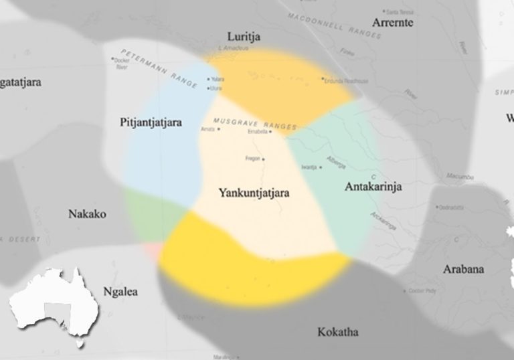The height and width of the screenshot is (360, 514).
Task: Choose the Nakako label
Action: point(87,214)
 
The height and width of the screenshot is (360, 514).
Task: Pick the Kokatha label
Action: point(338,332)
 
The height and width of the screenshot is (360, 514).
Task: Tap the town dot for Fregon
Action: point(264,159)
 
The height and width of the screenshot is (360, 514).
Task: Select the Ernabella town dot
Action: point(271,132)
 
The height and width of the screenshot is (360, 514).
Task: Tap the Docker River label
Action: point(120,64)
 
